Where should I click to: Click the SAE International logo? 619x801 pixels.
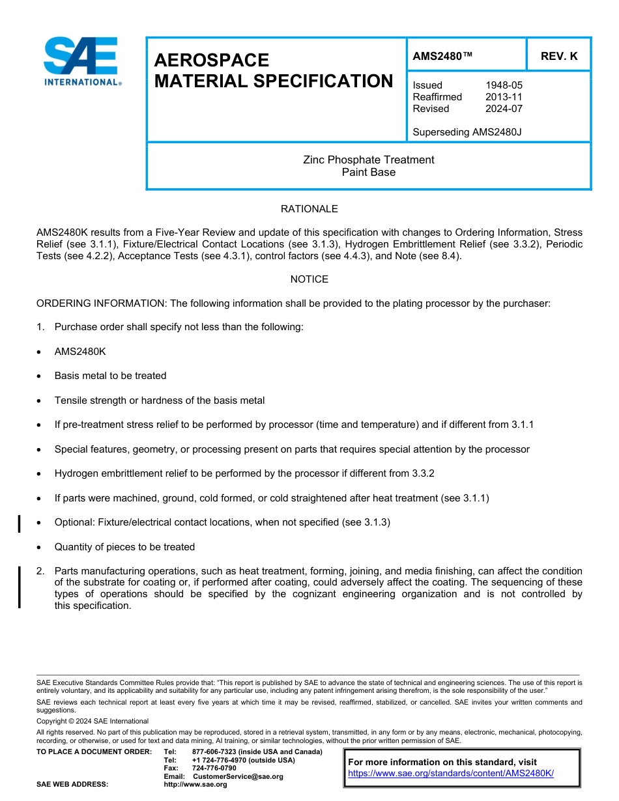pyautogui.click(x=81, y=62)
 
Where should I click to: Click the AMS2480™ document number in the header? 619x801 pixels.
pyautogui.click(x=442, y=57)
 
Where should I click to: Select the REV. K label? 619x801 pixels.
pyautogui.click(x=558, y=57)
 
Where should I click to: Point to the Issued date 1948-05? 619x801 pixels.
pyautogui.click(x=504, y=85)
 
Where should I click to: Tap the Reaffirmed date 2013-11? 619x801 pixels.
pyautogui.click(x=504, y=97)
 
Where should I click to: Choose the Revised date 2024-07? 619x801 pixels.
pyautogui.click(x=504, y=109)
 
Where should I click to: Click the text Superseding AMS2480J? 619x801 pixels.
pyautogui.click(x=467, y=132)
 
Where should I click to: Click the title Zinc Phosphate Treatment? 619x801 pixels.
pyautogui.click(x=368, y=160)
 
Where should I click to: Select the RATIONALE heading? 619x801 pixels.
pyautogui.click(x=309, y=209)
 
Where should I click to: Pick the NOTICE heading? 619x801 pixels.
pyautogui.click(x=309, y=279)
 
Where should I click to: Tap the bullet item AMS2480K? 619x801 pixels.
pyautogui.click(x=80, y=352)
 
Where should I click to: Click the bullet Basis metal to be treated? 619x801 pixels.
pyautogui.click(x=110, y=376)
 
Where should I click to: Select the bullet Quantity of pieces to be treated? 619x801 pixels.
pyautogui.click(x=124, y=547)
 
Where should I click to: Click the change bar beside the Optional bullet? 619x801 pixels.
pyautogui.click(x=20, y=523)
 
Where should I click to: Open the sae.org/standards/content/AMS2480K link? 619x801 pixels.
pyautogui.click(x=451, y=773)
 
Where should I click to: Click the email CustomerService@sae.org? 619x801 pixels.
pyautogui.click(x=238, y=776)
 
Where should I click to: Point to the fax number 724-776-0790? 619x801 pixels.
pyautogui.click(x=214, y=768)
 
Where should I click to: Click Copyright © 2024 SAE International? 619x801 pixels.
pyautogui.click(x=93, y=721)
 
